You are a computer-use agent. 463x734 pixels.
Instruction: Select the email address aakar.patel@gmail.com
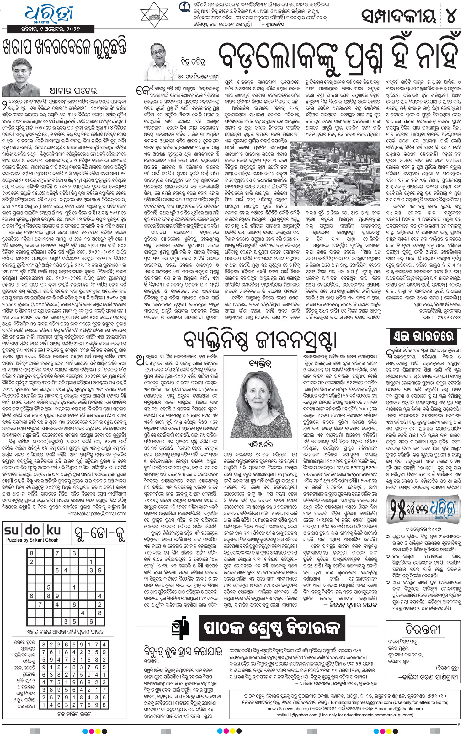pos(97,513)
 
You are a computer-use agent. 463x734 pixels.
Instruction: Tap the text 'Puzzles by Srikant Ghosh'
pos(32,540)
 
